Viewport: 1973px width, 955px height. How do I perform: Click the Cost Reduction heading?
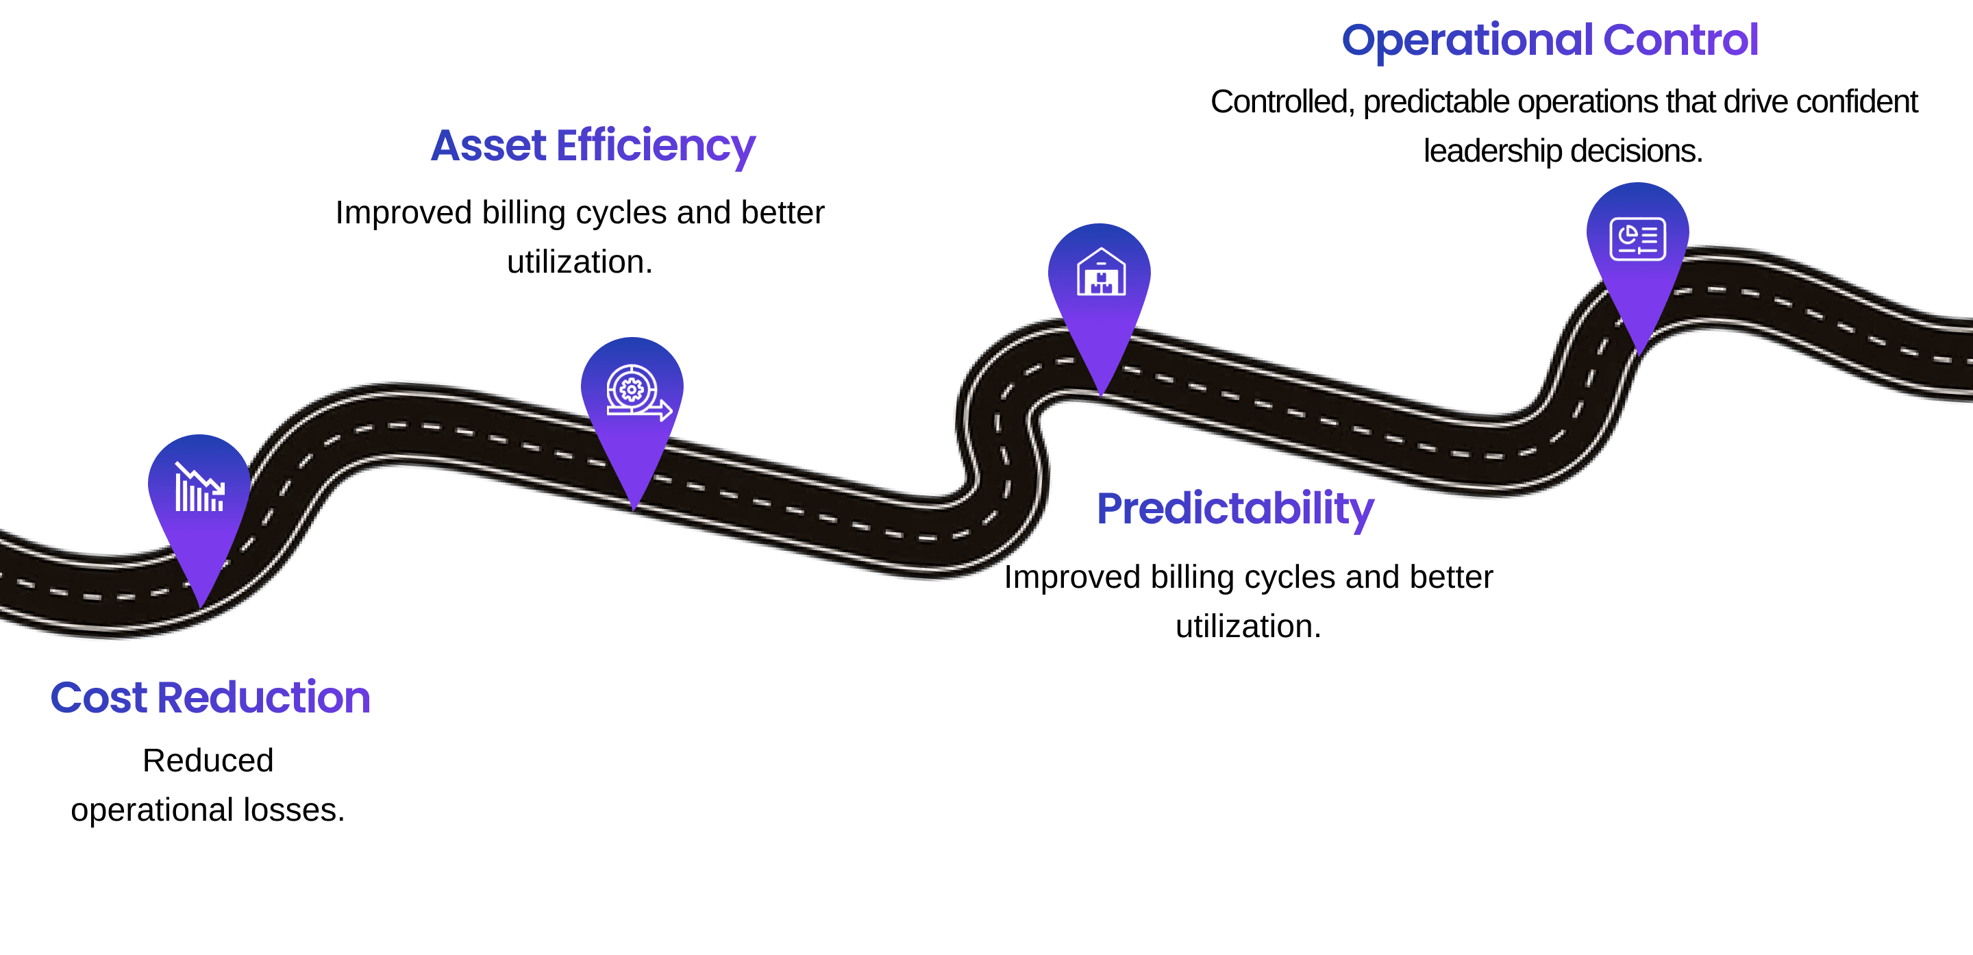coord(210,697)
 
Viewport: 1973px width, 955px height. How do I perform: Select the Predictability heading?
coord(1235,508)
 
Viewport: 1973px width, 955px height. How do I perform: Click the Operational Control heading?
coord(1550,40)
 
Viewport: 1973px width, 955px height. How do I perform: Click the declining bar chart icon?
coord(199,487)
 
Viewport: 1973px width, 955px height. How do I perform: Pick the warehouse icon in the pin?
coord(1101,273)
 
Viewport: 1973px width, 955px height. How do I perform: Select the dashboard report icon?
coord(1637,240)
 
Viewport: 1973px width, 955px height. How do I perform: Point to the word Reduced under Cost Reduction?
coord(208,760)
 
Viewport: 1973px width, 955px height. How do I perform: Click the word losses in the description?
coord(293,810)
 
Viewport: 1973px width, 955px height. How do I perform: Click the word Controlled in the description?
coord(1281,102)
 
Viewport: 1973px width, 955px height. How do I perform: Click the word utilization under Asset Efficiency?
coord(579,262)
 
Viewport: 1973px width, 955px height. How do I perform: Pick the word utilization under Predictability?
coord(1248,626)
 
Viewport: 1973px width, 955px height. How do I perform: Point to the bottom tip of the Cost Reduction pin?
coord(201,606)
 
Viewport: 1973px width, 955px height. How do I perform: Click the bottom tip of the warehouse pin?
coord(1101,395)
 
